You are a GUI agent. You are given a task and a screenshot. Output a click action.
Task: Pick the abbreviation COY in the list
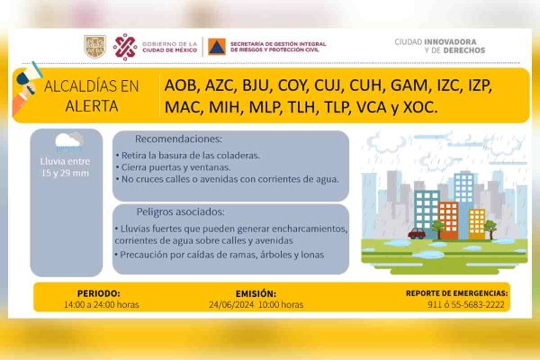coord(292,85)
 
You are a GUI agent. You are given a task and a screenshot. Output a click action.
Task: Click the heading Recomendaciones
coord(178,139)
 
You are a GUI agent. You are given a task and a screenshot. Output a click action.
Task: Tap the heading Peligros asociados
coord(181,211)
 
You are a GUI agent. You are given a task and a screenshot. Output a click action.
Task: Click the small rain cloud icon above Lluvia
coord(69,141)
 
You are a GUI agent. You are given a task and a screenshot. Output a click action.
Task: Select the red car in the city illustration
coord(417,234)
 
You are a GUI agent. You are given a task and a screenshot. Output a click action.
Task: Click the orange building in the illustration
coord(448,220)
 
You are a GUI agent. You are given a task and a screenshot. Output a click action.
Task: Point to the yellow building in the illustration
coord(477,224)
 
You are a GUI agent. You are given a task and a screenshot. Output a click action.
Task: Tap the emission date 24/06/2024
coord(231,304)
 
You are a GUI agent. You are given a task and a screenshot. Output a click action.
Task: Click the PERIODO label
coord(99,293)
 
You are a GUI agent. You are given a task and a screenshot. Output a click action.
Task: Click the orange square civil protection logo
coord(217,47)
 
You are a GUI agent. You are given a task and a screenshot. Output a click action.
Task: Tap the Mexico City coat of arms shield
coord(94,47)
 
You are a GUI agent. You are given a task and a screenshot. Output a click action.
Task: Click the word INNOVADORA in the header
coord(451,42)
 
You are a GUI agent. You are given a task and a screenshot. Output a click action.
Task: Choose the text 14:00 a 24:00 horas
coord(101,304)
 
